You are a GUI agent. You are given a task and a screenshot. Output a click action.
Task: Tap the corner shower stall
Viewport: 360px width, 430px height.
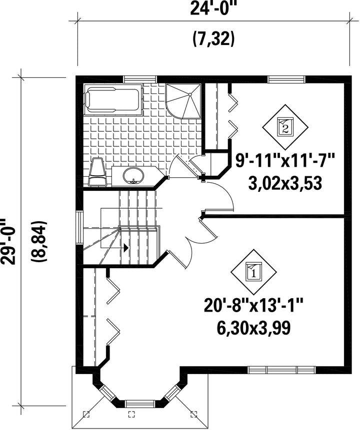click(183, 101)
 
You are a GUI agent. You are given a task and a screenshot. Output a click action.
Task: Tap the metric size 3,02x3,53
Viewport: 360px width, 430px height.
click(285, 183)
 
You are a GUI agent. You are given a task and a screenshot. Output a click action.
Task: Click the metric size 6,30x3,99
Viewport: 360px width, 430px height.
click(253, 328)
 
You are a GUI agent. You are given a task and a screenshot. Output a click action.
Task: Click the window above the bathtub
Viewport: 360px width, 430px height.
click(140, 79)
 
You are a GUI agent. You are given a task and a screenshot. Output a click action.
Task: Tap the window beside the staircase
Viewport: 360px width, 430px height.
click(79, 227)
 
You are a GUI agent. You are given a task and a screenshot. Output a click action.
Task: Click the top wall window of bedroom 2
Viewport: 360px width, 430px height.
click(286, 79)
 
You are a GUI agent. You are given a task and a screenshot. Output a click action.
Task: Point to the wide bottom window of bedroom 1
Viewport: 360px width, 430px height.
click(282, 370)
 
